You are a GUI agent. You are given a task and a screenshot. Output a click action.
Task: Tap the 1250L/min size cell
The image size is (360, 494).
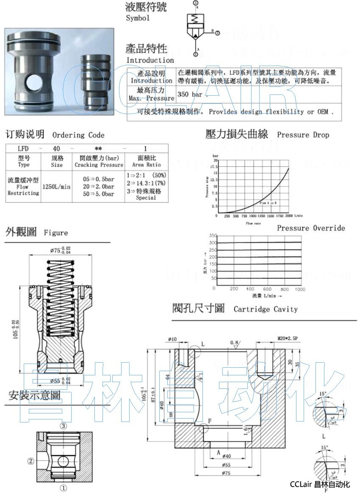(56, 186)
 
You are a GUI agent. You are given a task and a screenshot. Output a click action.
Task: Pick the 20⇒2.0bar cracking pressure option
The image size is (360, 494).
(98, 186)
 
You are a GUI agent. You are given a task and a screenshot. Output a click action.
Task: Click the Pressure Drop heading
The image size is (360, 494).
(303, 135)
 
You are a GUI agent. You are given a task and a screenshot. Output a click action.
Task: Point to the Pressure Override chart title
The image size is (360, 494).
(311, 228)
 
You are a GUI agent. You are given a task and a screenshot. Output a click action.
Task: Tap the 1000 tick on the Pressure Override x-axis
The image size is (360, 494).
(299, 289)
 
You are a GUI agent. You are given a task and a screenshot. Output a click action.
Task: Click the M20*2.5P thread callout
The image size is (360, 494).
(288, 338)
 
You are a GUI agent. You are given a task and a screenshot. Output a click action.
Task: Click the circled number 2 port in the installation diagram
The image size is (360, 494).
(30, 461)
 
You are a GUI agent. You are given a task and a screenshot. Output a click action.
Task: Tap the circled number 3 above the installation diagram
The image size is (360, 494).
(63, 426)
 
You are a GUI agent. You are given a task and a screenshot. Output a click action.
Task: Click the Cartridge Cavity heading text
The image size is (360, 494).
(266, 309)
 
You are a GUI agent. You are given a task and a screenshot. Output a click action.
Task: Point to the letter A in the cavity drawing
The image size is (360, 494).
(218, 452)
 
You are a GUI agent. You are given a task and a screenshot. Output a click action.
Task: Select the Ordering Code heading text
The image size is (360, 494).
(78, 135)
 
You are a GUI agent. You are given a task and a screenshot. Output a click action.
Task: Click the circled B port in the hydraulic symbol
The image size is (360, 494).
(217, 33)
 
